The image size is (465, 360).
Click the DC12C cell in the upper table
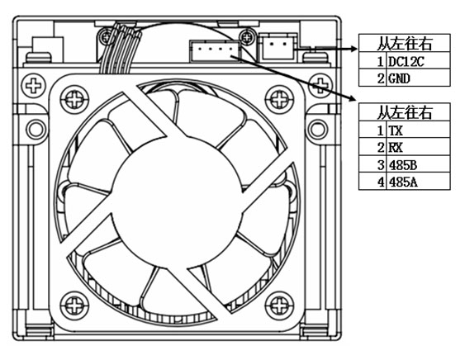click(418, 61)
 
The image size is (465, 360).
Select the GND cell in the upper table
click(418, 78)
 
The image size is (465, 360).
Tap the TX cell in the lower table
click(418, 130)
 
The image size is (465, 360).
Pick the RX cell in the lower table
click(418, 146)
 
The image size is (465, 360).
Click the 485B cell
click(418, 163)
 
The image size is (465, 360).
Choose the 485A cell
click(418, 181)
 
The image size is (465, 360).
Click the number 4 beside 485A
click(381, 182)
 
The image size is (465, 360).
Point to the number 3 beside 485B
click(381, 164)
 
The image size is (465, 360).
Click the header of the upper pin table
click(404, 44)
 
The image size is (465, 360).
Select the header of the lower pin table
click(404, 112)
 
